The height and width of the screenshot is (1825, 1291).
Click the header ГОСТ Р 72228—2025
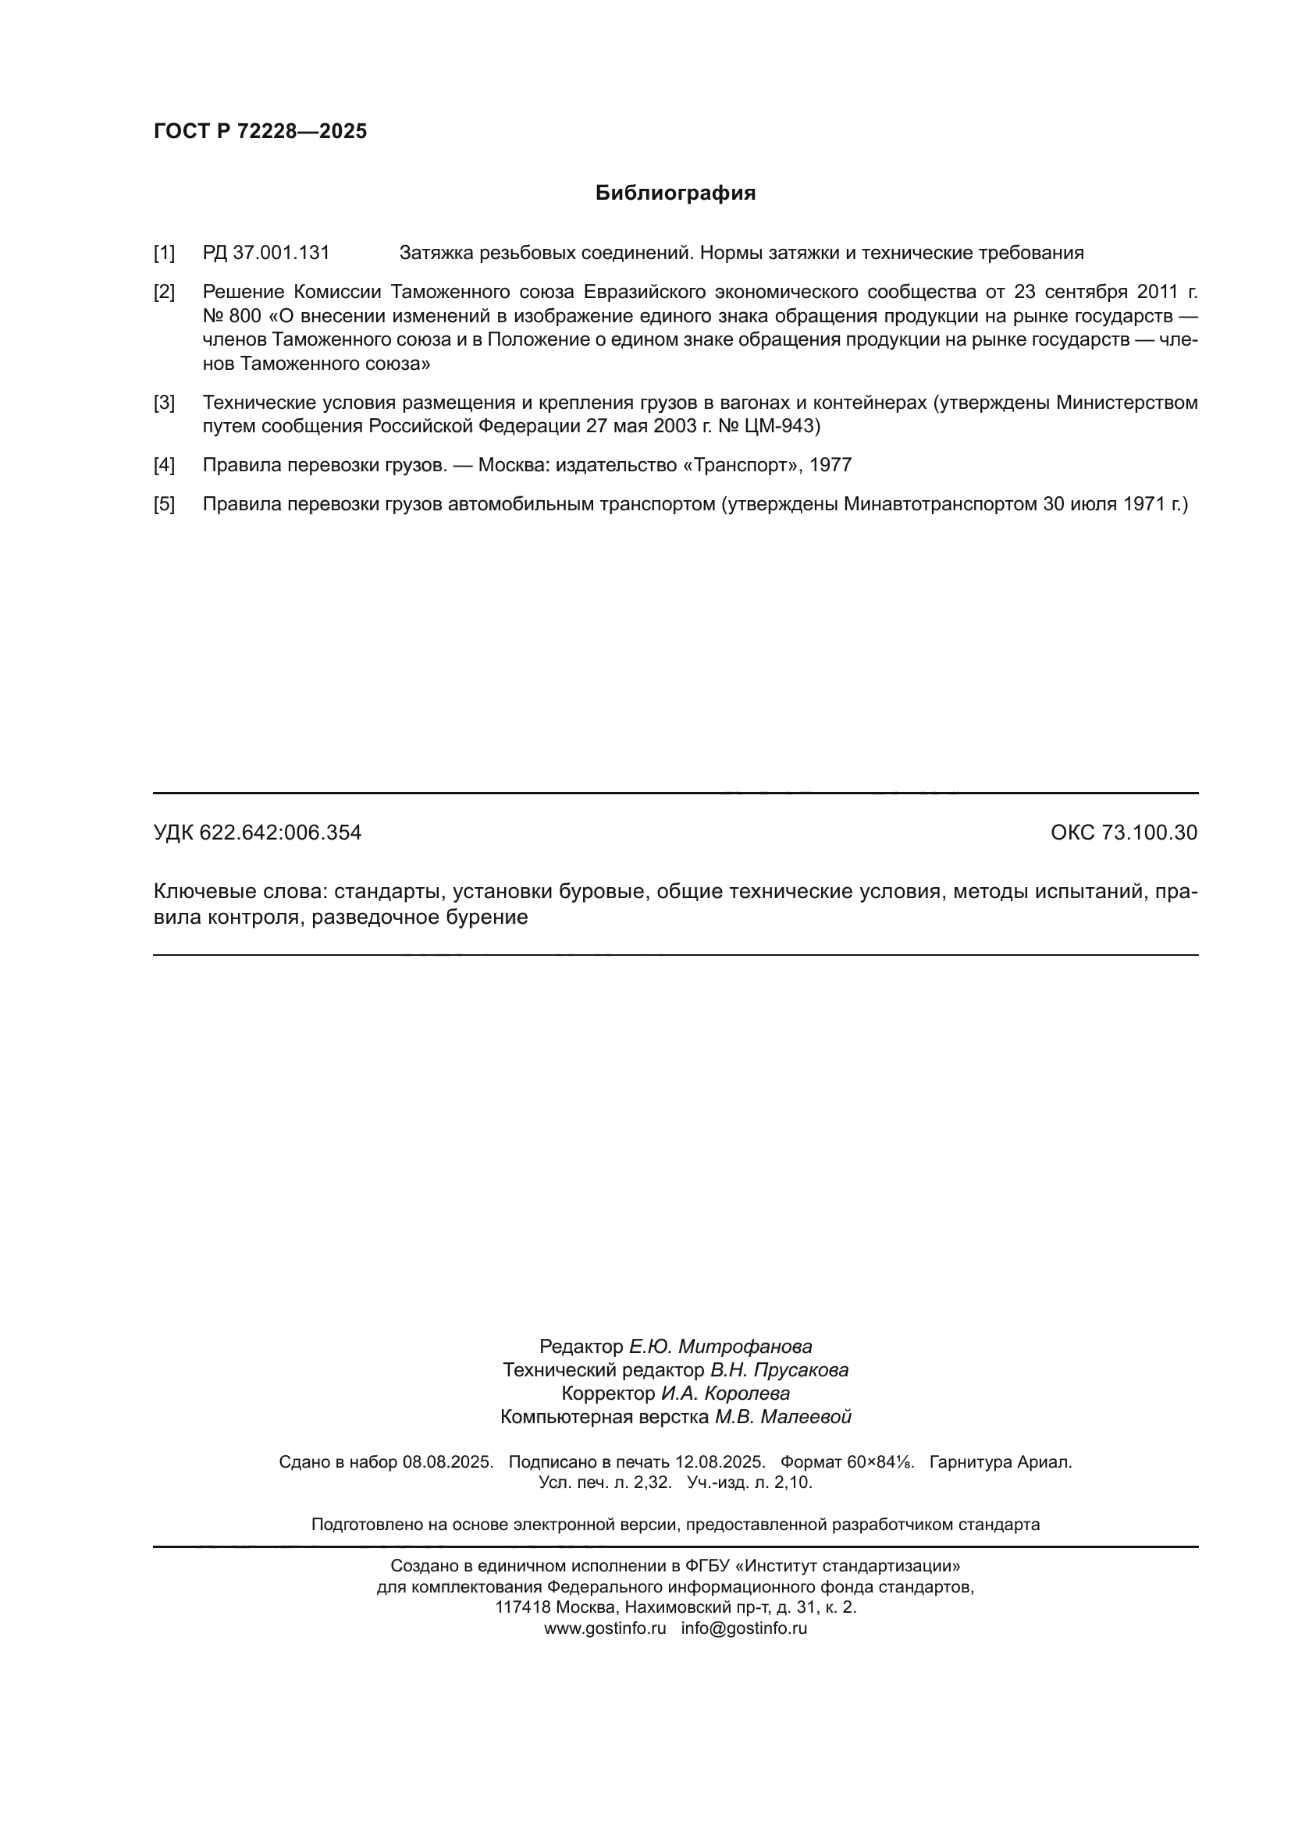260,132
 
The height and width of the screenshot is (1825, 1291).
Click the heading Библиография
675,194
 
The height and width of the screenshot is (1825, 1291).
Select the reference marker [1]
164,254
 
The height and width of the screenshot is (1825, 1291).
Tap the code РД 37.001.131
265,254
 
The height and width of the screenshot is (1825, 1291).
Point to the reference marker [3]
164,403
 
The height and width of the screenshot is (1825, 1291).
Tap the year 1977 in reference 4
830,465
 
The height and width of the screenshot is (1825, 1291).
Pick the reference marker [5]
164,504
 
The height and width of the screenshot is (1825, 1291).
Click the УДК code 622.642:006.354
280,833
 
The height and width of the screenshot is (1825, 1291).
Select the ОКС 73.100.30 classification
1123,833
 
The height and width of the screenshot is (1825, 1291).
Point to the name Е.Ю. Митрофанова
720,1347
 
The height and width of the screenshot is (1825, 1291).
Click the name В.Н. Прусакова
779,1370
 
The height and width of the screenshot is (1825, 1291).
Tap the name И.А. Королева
725,1394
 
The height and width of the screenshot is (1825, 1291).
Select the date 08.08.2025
447,1461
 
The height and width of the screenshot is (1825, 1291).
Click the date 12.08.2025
720,1461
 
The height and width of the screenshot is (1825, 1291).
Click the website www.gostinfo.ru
604,1628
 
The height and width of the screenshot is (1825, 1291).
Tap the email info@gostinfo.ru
744,1628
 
